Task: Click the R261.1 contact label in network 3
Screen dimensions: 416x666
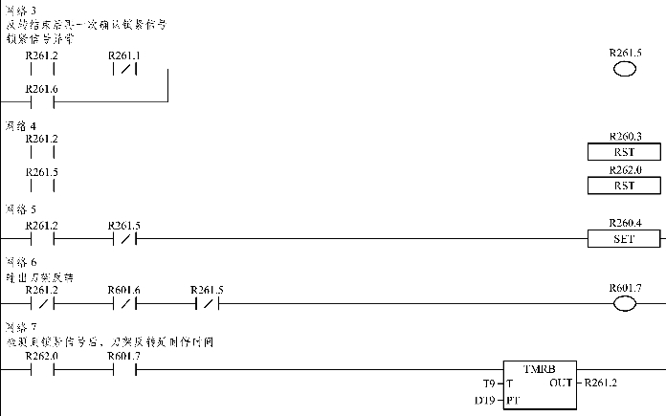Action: coord(124,55)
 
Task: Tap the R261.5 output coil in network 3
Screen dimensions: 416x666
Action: coord(624,69)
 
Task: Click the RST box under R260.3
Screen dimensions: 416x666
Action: coord(624,152)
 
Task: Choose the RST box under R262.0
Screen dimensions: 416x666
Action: coord(624,186)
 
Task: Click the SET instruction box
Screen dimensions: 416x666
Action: coord(624,238)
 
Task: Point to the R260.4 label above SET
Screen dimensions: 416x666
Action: coord(624,224)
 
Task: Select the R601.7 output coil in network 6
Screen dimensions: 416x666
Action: coord(624,304)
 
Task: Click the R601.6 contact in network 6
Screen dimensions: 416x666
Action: coord(124,304)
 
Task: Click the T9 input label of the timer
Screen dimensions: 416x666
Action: coord(489,383)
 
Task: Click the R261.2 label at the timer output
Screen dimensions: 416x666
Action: coord(601,383)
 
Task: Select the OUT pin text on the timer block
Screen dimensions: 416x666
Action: coord(562,383)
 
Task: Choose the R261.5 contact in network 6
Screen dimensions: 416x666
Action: coord(207,304)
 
